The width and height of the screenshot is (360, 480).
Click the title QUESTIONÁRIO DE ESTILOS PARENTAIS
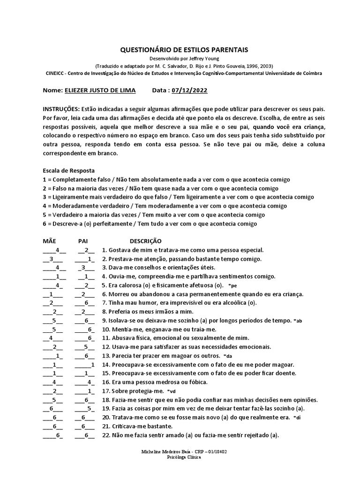(x=184, y=50)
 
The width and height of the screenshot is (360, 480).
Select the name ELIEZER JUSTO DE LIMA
(x=100, y=90)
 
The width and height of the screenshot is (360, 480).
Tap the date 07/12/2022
(x=190, y=90)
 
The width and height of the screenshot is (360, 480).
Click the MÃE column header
(x=49, y=240)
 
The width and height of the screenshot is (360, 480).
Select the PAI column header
(x=83, y=240)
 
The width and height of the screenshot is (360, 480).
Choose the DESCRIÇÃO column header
(x=146, y=240)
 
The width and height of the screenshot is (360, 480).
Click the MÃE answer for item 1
(x=58, y=250)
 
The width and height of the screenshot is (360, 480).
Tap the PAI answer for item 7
(x=87, y=303)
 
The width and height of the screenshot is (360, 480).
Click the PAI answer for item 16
(x=88, y=382)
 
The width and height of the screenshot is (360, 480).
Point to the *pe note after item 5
(x=232, y=285)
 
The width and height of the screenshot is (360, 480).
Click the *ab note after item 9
(x=298, y=321)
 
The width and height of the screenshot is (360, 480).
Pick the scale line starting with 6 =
(x=150, y=224)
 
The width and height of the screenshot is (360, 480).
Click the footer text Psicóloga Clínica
(x=184, y=457)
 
